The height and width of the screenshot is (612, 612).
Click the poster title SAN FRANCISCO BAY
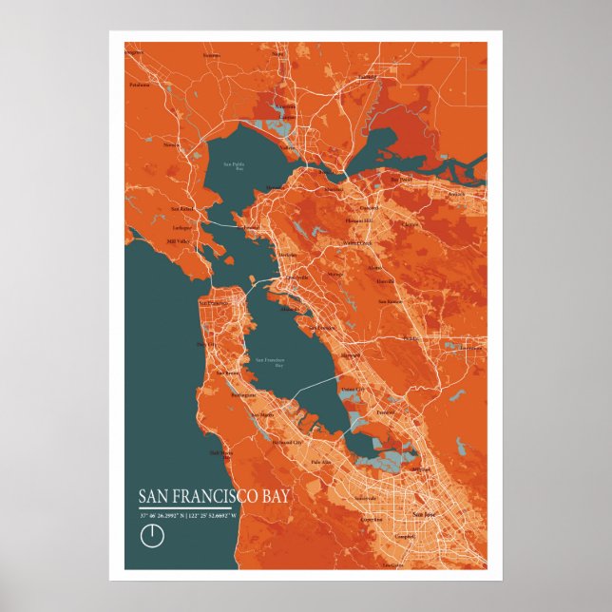click(214, 497)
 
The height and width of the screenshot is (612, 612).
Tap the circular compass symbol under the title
click(151, 535)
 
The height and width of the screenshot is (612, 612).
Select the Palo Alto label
click(322, 462)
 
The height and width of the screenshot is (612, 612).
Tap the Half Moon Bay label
click(220, 454)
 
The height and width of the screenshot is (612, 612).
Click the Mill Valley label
click(179, 241)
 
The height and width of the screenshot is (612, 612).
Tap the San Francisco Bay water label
click(272, 362)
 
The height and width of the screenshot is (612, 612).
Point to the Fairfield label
click(367, 76)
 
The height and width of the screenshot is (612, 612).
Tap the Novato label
click(171, 145)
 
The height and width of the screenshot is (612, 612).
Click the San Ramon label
click(391, 301)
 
